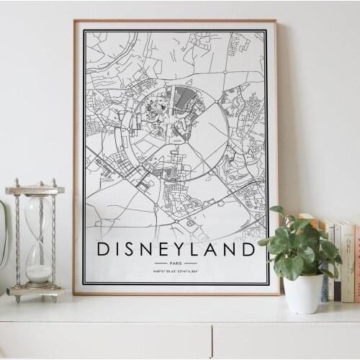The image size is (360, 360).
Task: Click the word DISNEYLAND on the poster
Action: [x=176, y=250]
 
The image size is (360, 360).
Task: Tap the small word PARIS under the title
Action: [x=176, y=264]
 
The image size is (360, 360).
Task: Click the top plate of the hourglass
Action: [x=35, y=190]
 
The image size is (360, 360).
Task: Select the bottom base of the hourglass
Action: [x=35, y=292]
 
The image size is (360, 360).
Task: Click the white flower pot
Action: [x=303, y=293]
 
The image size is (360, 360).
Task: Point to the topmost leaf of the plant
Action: [x=277, y=210]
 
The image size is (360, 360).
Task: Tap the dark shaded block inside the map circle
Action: [x=181, y=98]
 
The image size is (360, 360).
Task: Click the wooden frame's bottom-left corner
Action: [x=75, y=293]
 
